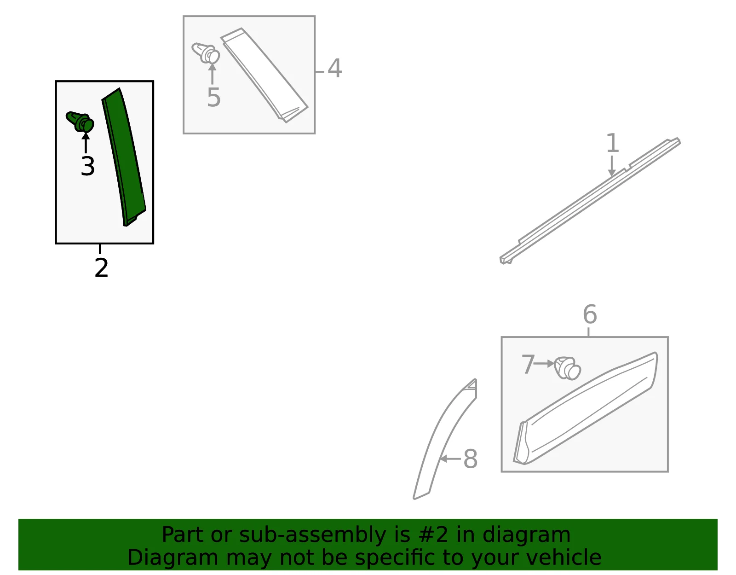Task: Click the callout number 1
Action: tap(612, 143)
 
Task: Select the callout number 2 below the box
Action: tap(101, 267)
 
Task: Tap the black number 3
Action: tap(88, 166)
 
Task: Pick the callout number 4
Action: tap(334, 68)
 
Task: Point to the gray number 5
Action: tap(214, 97)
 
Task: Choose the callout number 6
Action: tap(590, 314)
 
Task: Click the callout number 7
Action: tap(528, 365)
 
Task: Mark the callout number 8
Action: tap(471, 459)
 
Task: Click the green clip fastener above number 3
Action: tap(80, 122)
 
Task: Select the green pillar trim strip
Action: tap(124, 157)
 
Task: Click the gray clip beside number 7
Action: tap(567, 368)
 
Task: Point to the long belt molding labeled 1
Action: tap(590, 201)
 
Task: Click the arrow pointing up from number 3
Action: tap(86, 143)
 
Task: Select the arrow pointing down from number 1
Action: tap(612, 166)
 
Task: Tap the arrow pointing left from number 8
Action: tap(450, 459)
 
